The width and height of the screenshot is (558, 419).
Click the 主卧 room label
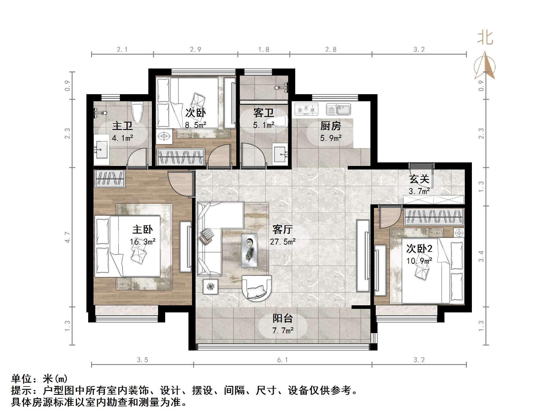point(142,229)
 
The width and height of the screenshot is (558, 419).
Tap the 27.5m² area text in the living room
point(283,242)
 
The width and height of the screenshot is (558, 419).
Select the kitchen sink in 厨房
point(338,110)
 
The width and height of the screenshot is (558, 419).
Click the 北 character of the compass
point(485,38)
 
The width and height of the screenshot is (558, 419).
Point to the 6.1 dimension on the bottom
point(282,360)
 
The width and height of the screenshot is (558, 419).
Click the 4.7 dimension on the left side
point(68,237)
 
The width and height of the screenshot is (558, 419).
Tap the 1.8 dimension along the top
point(264,50)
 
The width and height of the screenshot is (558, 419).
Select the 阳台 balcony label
point(283,318)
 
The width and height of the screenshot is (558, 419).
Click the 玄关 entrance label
point(419,179)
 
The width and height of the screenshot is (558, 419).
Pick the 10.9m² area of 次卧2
point(419,261)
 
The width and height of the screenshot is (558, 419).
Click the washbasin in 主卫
point(101,150)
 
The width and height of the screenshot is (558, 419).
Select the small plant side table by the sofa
point(210,286)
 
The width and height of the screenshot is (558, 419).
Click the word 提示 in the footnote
point(22,391)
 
